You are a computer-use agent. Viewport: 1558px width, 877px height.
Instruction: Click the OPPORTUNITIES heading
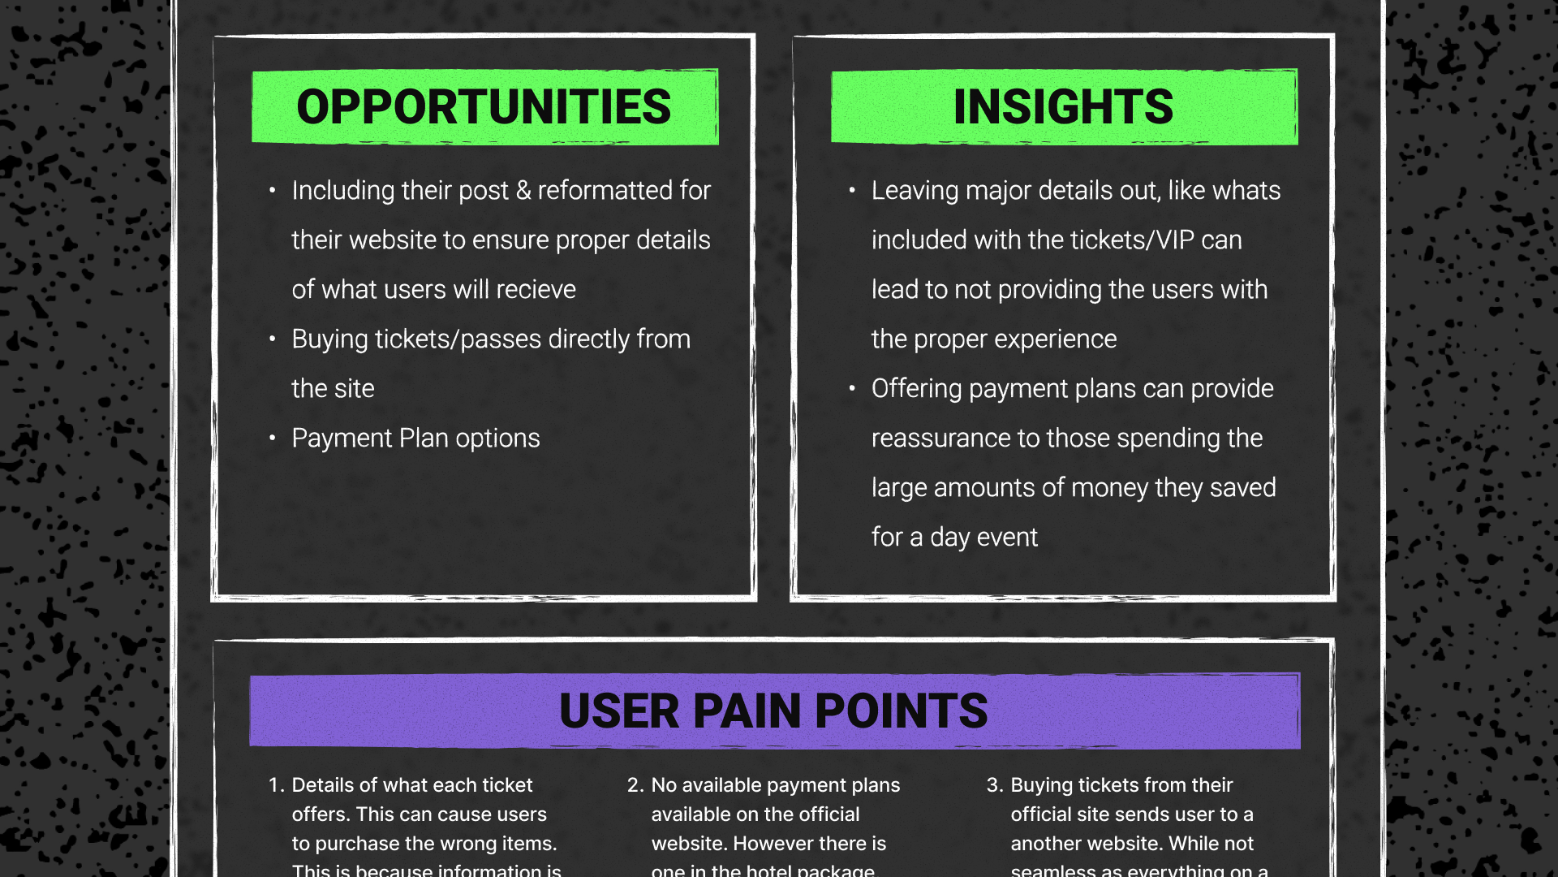tap(484, 106)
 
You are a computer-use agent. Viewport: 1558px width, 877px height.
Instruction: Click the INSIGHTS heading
tap(1063, 106)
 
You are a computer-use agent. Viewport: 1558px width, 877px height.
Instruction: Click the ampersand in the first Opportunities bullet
tap(523, 191)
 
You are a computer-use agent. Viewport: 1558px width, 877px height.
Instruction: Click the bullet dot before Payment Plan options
tap(273, 438)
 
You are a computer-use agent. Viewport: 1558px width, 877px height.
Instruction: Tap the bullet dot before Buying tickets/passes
tap(273, 339)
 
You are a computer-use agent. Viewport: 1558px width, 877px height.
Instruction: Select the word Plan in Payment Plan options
tap(424, 438)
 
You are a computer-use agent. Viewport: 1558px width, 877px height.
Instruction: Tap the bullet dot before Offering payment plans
tap(852, 389)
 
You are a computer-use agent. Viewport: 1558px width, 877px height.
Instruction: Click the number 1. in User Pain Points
tap(276, 785)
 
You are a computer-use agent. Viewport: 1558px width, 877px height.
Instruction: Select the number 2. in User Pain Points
tap(635, 785)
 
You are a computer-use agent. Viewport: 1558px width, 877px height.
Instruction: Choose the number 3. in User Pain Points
tap(995, 785)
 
